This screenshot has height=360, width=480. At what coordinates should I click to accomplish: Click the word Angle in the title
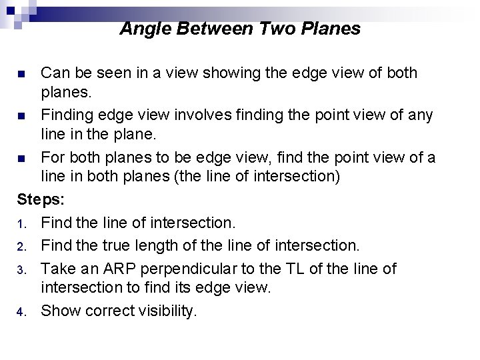click(141, 29)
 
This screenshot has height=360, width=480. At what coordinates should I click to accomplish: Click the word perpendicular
click(192, 269)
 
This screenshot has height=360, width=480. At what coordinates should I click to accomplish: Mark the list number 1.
click(21, 223)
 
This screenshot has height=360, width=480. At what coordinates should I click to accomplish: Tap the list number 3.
click(21, 269)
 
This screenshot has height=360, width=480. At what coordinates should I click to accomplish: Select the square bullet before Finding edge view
click(21, 116)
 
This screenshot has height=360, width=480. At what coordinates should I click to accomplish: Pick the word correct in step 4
click(107, 311)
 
